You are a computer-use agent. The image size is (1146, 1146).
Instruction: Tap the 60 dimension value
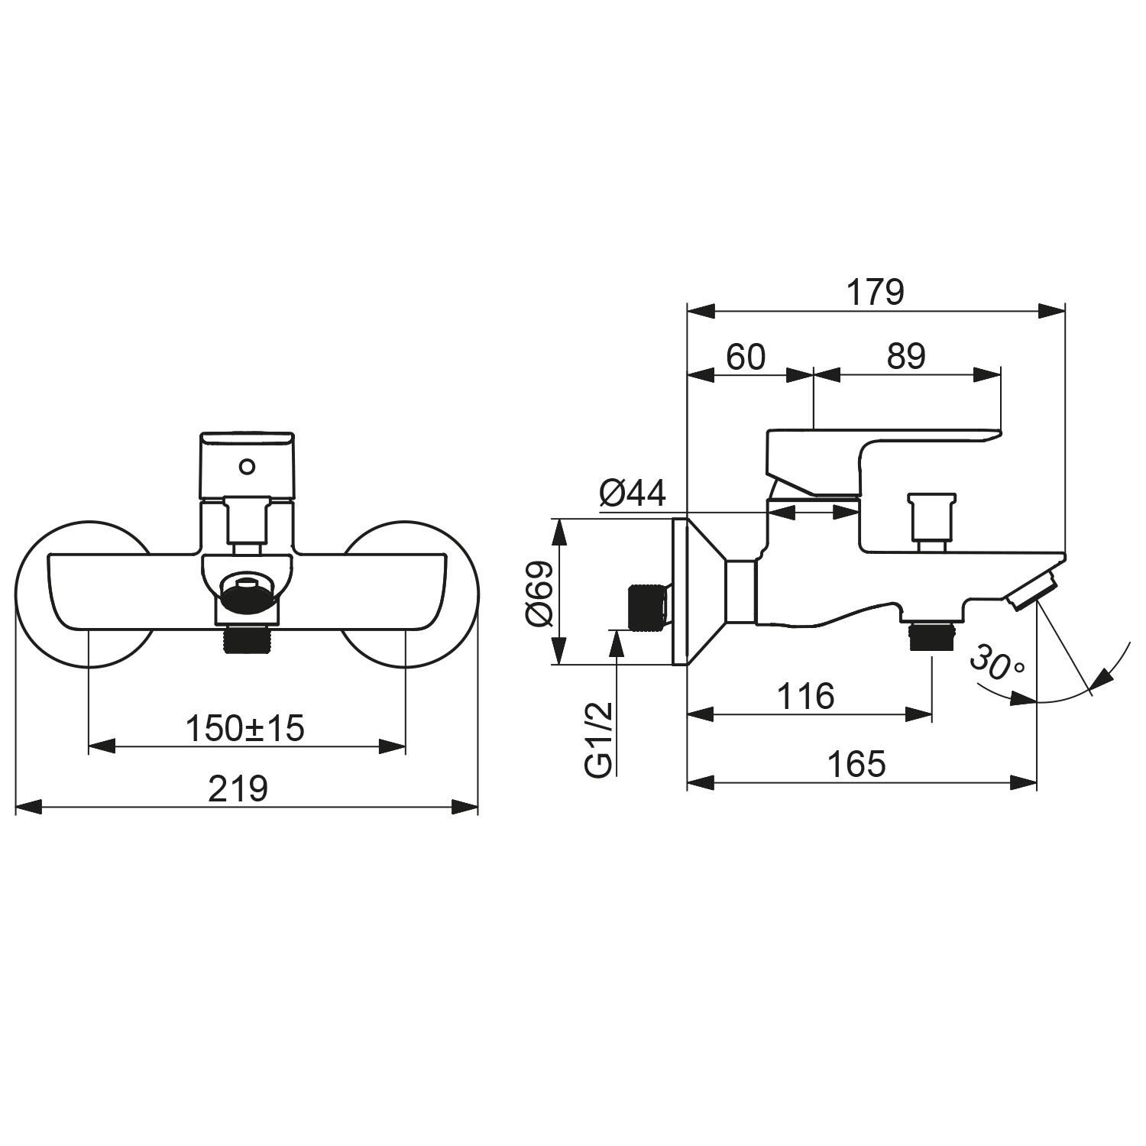[x=745, y=356]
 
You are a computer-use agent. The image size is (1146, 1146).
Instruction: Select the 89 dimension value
[x=906, y=356]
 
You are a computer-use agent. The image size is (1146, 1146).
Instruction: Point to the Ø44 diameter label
[x=633, y=494]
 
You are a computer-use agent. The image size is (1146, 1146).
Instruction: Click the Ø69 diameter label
[x=539, y=594]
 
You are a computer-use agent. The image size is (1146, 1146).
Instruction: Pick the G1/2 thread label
[x=600, y=740]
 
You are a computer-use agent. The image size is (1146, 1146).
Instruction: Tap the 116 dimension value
[x=806, y=696]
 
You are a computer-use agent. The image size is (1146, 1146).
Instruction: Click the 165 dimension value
[x=857, y=763]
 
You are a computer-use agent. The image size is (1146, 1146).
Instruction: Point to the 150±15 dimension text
[x=245, y=728]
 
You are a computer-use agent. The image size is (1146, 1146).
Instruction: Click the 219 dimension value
[x=239, y=788]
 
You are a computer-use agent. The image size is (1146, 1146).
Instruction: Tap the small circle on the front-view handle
[x=247, y=465]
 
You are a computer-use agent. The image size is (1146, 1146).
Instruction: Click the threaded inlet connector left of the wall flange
[x=647, y=607]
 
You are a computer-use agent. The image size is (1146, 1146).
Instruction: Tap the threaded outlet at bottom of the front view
[x=246, y=639]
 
